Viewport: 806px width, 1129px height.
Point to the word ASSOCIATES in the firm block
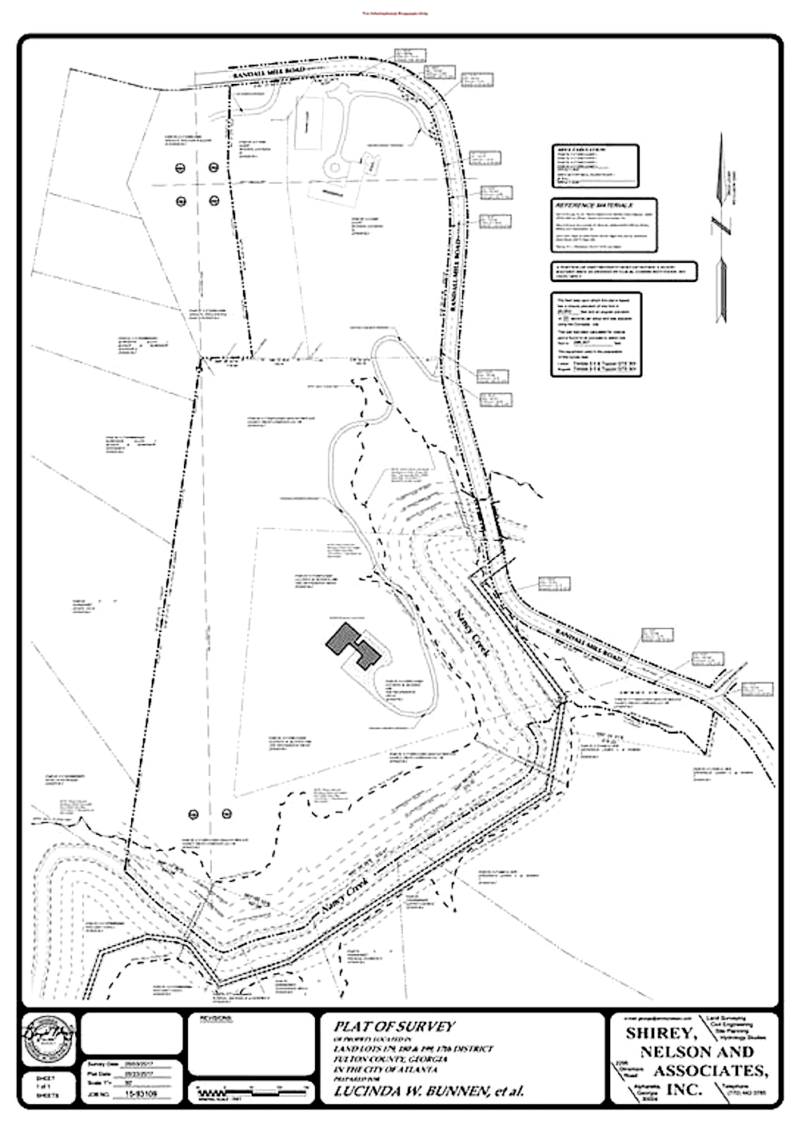point(712,1070)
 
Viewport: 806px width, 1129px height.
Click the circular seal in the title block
point(45,1036)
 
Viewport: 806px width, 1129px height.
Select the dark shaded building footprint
point(354,644)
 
